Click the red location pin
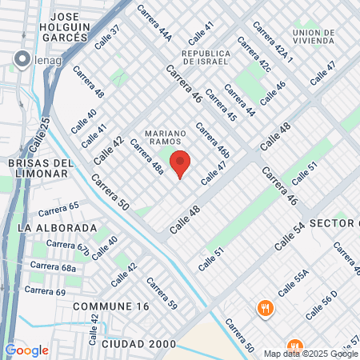point(180,163)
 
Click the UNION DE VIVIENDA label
point(312,38)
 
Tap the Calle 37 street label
point(106,38)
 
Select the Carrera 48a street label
point(146,158)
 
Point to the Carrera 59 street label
point(161,294)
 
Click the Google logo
point(26,350)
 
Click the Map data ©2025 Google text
point(311,354)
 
